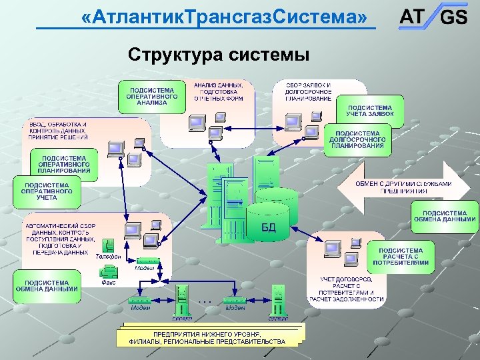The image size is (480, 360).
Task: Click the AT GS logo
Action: tap(433, 16)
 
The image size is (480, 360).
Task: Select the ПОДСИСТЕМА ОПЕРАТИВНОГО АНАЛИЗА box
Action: tap(153, 97)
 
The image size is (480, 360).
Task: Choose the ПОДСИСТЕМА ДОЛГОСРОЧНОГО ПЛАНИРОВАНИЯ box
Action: tap(357, 140)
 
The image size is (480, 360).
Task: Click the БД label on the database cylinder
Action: tap(268, 227)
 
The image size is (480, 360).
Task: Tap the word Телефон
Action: tap(108, 257)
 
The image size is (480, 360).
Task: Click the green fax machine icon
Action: tap(109, 271)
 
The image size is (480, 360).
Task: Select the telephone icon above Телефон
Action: tap(108, 245)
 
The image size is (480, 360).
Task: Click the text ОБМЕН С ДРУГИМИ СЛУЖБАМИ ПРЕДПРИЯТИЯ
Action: tap(403, 187)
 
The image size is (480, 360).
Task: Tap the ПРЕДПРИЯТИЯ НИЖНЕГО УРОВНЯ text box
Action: tap(207, 337)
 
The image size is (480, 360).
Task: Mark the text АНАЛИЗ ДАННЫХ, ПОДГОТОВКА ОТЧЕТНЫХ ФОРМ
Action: tap(218, 92)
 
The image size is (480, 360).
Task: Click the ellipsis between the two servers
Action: tap(205, 301)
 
